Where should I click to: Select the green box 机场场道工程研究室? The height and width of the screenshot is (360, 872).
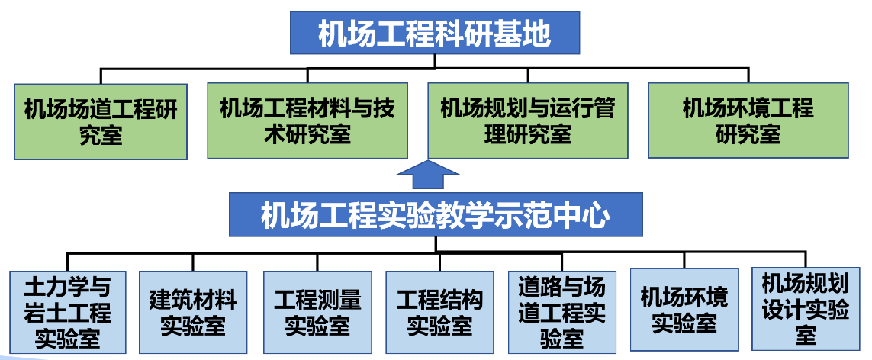(101, 121)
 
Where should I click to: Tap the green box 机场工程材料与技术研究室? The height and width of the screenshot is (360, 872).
(307, 121)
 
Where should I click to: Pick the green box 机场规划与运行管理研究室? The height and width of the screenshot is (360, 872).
(527, 121)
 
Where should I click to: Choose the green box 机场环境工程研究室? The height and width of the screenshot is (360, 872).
(748, 121)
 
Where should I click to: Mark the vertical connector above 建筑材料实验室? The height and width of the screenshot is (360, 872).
(193, 262)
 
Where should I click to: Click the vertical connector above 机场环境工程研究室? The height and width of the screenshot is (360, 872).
(748, 75)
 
